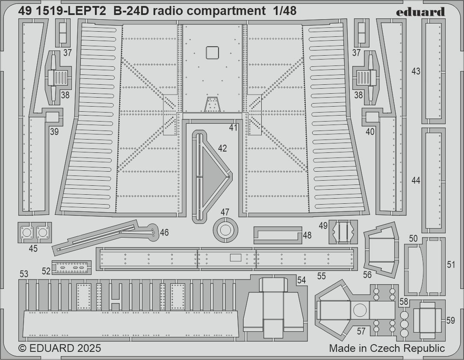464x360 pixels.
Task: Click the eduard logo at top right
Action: (420, 12)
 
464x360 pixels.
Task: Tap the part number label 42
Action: (222, 149)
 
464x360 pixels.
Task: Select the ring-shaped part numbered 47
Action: (225, 230)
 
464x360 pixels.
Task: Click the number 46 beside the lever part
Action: (164, 232)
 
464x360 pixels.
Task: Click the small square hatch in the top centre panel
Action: (212, 52)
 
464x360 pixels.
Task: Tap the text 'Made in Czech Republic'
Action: (387, 348)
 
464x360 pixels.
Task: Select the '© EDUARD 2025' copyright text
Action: (60, 348)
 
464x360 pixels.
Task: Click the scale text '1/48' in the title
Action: (284, 12)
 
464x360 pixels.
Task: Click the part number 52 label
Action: (46, 270)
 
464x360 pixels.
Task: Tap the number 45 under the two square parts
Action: (33, 249)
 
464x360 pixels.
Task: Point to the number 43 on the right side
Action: (416, 71)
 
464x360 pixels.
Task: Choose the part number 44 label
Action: (416, 181)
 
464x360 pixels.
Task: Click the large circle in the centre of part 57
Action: (360, 310)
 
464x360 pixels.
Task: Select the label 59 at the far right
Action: (450, 320)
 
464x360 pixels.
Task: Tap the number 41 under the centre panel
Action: (233, 127)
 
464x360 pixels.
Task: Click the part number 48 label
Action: (307, 235)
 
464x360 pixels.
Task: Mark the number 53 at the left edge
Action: (24, 274)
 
